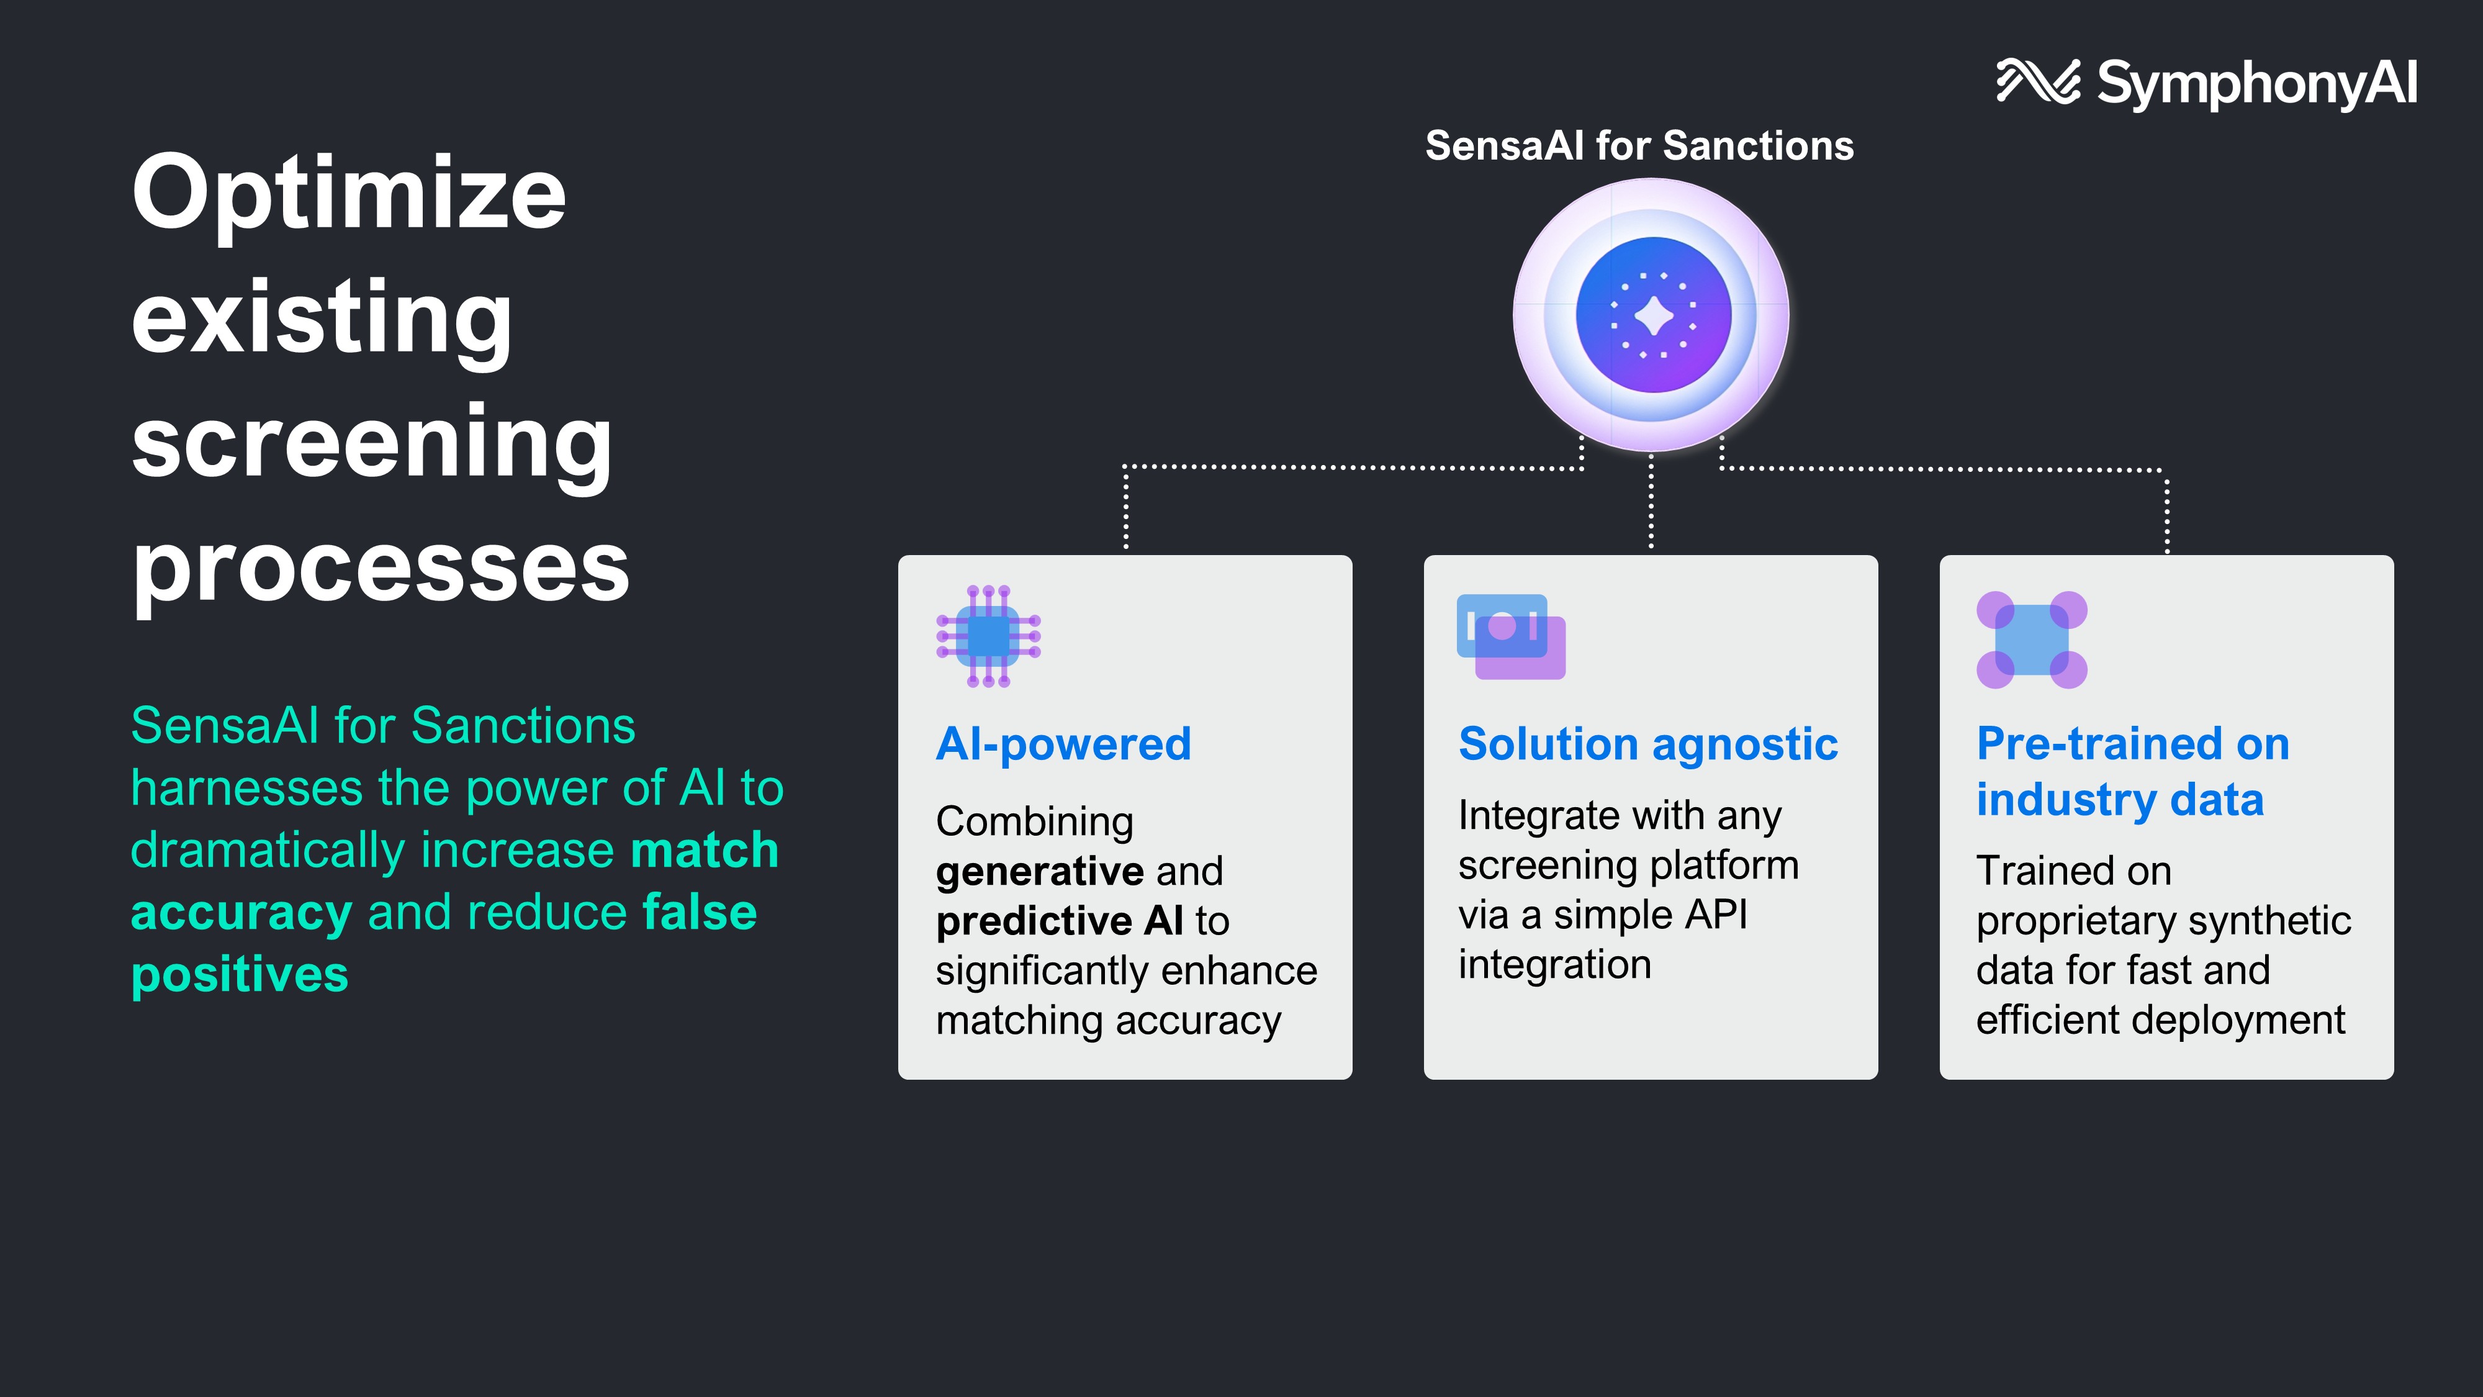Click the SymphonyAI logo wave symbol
pos(2037,81)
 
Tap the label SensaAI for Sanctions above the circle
pos(1639,145)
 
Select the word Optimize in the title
pos(349,195)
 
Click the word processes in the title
pos(381,569)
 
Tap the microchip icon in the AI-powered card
pos(988,636)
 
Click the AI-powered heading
pos(1064,744)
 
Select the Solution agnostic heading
pos(1648,744)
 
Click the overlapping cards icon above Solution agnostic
pos(1510,636)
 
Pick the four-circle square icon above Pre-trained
pos(2032,640)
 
